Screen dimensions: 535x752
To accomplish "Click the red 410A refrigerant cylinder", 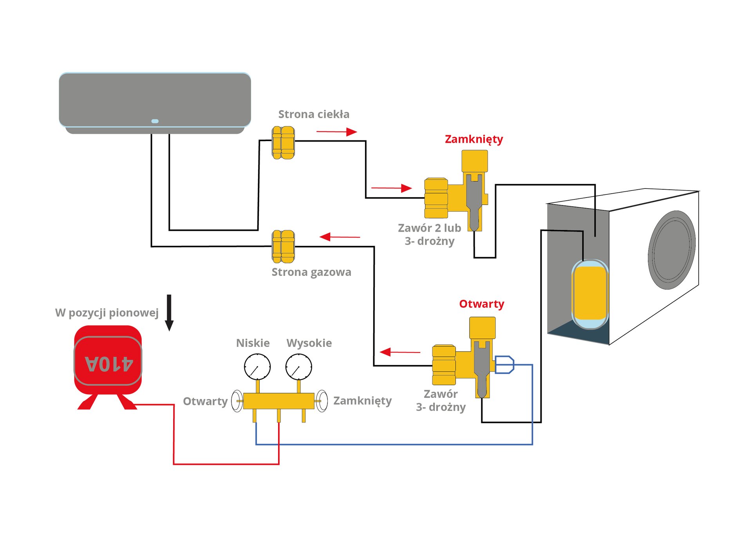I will coord(108,361).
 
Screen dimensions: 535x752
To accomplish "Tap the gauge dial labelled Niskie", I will coord(257,367).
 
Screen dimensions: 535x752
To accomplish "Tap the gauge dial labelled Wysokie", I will coord(298,367).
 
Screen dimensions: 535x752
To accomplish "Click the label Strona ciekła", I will coord(314,114).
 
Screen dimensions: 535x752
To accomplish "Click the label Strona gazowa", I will coord(311,272).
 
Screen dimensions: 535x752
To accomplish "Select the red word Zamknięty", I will coord(474,139).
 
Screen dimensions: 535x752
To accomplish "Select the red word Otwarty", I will coord(481,304).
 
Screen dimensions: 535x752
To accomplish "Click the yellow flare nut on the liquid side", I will coord(283,143).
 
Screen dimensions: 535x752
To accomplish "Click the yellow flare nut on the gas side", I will coord(283,247).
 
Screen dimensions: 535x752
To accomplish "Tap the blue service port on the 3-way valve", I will coord(504,365).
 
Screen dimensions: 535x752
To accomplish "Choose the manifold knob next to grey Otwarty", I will coord(237,401).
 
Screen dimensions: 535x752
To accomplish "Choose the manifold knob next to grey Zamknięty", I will coord(322,401).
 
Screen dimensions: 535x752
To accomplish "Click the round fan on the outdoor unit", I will coord(671,250).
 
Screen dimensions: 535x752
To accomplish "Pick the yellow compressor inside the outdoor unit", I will coord(590,293).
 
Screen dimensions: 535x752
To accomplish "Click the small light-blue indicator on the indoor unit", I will coord(155,121).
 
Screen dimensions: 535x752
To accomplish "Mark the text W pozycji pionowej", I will coord(107,313).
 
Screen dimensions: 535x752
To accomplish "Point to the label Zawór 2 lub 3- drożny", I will coord(429,234).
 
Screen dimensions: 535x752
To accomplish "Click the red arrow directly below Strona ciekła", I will coord(336,132).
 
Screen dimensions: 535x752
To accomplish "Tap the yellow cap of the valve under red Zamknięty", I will coord(475,161).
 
